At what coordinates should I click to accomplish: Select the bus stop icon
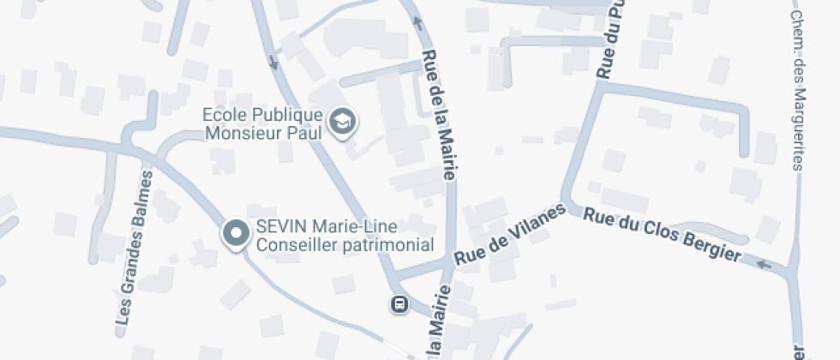tap(399, 303)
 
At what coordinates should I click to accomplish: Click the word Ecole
tap(219, 115)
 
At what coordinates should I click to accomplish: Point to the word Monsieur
tap(248, 133)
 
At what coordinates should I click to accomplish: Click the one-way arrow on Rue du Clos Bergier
tap(765, 265)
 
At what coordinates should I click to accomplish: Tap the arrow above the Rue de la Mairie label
tap(418, 22)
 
